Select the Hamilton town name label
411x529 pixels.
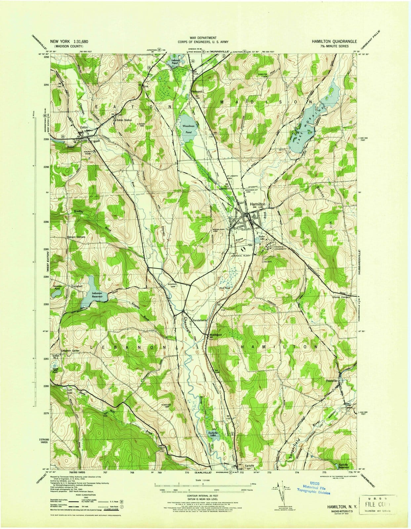258,204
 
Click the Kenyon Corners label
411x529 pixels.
76,237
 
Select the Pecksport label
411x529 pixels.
196,91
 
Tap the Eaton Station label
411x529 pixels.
123,120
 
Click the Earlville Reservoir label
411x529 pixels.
346,467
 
